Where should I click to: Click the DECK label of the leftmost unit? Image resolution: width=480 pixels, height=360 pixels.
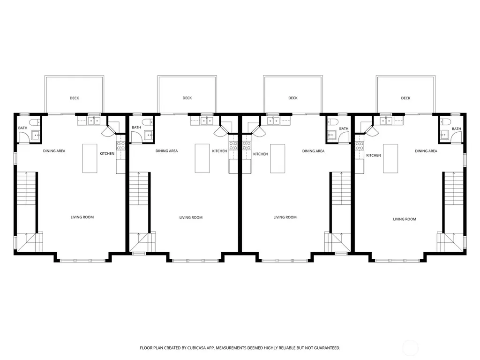coord(75,98)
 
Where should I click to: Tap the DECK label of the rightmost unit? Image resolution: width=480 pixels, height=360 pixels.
coord(405,98)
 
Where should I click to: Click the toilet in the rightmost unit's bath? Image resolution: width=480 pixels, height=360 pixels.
coord(445,122)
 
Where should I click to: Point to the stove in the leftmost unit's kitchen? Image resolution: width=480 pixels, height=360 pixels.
coord(120,146)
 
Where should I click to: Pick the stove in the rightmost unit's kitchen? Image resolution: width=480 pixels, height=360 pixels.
coord(360,146)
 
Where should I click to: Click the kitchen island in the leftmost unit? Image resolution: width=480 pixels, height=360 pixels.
coord(90,158)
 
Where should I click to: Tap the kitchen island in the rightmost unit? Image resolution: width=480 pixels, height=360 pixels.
coord(390,158)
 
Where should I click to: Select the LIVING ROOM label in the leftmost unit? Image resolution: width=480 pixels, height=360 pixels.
coord(82,217)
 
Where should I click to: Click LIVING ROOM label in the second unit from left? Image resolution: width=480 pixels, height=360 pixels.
coord(191,217)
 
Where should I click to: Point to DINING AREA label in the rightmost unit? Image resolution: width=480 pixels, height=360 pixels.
coord(426,151)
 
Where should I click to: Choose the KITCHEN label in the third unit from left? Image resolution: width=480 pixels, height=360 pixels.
coord(261,154)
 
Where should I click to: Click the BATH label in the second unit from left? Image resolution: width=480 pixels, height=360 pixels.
coord(136,127)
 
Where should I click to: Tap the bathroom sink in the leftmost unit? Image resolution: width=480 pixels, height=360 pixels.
coord(36,135)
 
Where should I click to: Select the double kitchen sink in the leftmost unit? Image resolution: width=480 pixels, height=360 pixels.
coord(94,121)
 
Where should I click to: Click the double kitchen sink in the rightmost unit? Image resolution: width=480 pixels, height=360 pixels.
coord(386,121)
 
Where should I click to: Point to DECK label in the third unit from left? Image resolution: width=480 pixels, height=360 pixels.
coord(293,98)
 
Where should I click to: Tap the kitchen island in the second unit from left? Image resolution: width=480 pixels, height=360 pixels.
coord(202,158)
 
